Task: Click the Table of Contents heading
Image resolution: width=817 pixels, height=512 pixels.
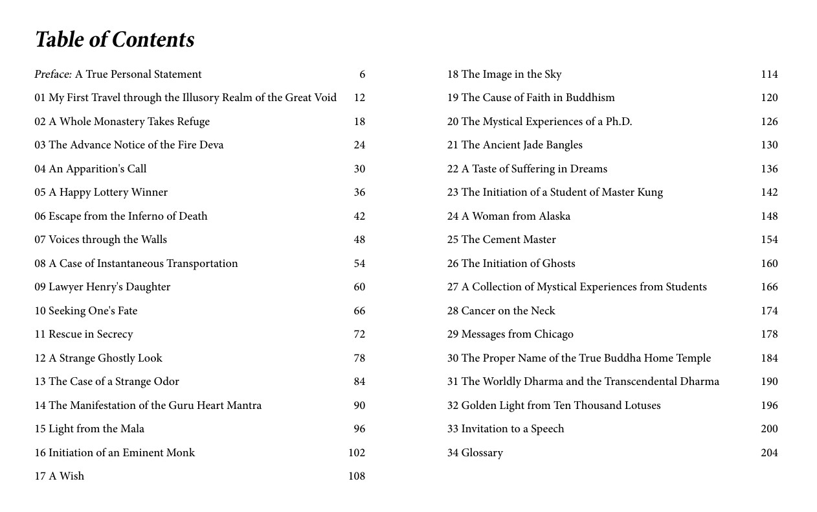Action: point(115,40)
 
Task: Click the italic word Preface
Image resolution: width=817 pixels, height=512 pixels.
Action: point(52,75)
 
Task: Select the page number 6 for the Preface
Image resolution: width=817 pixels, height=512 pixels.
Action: point(362,75)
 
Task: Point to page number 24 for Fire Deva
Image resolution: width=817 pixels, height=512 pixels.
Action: point(359,145)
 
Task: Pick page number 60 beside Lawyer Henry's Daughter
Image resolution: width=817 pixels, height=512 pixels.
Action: point(359,287)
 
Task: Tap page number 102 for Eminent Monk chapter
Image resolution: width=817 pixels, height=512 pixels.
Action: point(357,452)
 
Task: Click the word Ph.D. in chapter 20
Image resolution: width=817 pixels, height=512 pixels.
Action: point(618,122)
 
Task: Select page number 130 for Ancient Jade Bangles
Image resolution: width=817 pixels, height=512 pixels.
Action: point(769,145)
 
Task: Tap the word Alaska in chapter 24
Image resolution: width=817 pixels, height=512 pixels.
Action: point(554,216)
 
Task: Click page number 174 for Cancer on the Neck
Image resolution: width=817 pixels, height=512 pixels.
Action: point(769,311)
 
